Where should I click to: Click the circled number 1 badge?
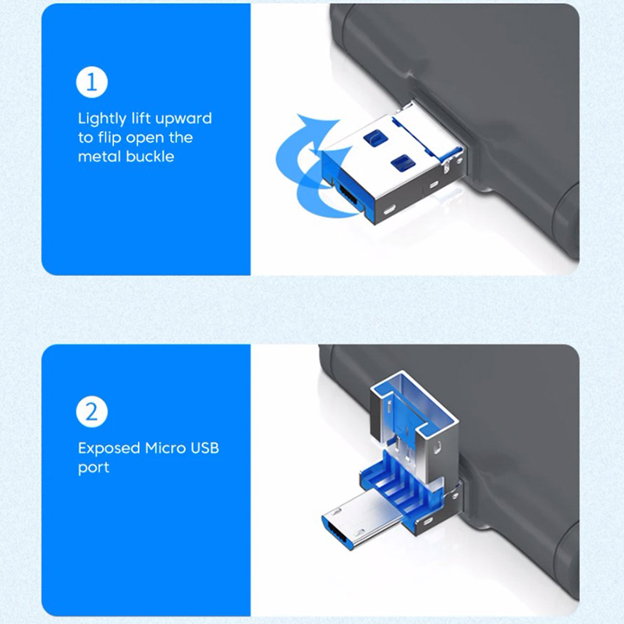click(92, 82)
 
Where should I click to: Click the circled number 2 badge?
click(92, 412)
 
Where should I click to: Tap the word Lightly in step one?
click(102, 119)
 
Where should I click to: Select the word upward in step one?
click(183, 119)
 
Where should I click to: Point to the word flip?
click(110, 138)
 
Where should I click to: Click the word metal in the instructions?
click(100, 157)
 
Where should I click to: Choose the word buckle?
click(150, 157)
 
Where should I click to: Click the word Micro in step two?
click(165, 448)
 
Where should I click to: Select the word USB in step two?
click(204, 448)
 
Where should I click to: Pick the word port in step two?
click(94, 468)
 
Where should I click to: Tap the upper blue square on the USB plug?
click(375, 137)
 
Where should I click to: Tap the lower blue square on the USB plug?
click(403, 163)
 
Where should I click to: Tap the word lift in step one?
click(141, 119)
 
